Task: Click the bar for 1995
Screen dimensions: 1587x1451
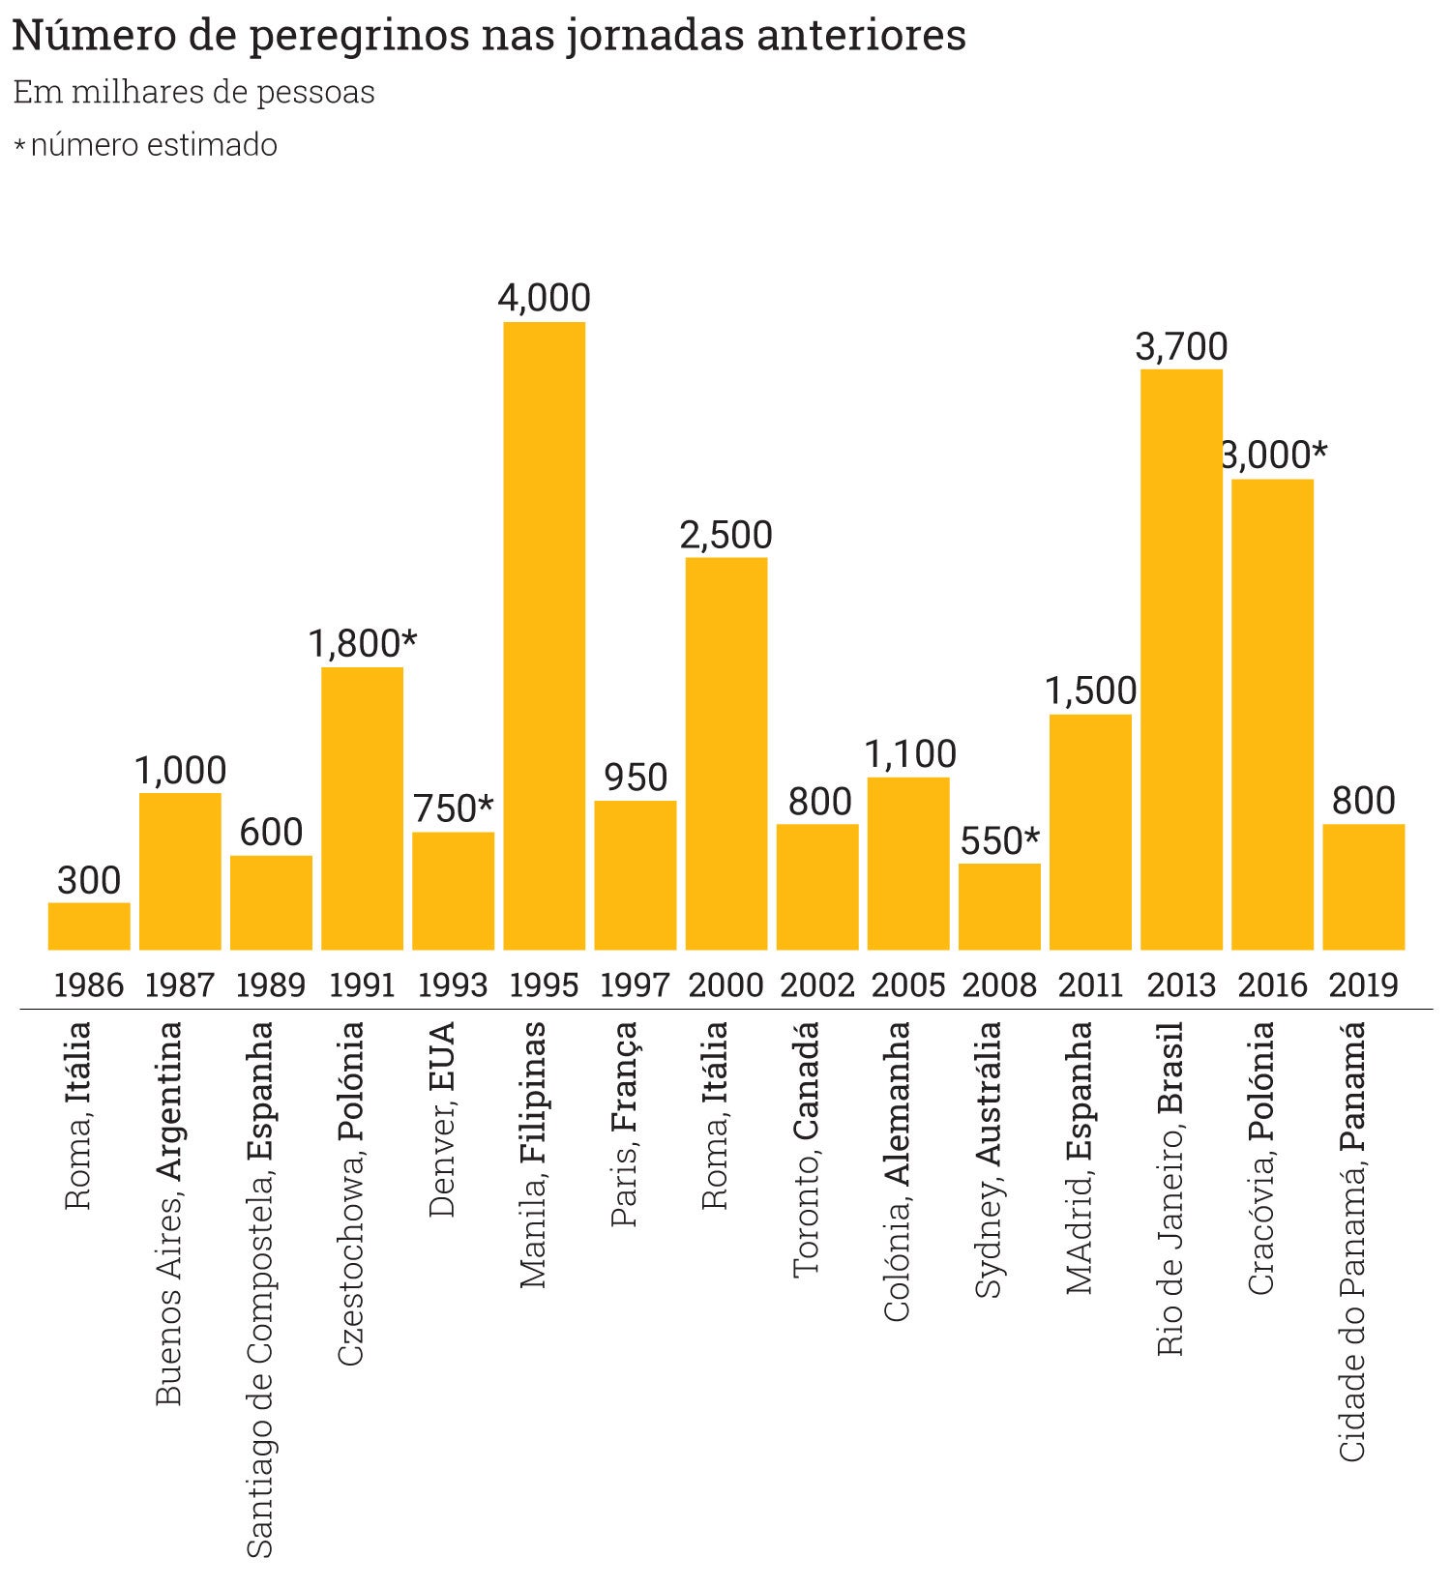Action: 544,635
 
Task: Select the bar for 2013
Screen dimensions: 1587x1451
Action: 1181,660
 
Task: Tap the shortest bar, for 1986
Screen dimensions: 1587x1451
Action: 89,926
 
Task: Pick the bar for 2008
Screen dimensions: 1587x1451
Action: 999,906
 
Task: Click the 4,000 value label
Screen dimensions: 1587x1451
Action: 544,298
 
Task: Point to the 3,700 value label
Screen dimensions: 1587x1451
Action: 1181,346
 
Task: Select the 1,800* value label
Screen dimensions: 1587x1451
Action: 363,643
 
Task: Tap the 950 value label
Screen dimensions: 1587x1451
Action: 636,778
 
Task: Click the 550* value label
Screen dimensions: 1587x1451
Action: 1000,840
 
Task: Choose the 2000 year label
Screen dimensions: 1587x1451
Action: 726,985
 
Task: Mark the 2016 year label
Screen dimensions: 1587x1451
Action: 1272,985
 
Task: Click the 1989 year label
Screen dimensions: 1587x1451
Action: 271,985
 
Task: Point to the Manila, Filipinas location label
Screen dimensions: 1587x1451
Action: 533,1155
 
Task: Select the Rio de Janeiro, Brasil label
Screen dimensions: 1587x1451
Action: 1170,1189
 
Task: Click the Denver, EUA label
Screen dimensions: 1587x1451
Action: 442,1119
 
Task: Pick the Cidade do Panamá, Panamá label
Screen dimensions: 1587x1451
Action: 1352,1242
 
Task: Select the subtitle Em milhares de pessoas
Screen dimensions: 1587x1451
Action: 193,93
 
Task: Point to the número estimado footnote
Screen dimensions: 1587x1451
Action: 153,145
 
